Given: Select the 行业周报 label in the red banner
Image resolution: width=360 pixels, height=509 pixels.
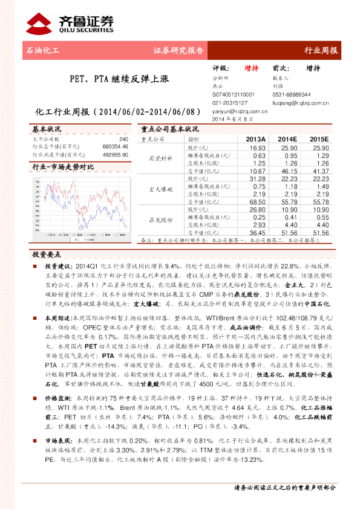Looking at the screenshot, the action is (x=320, y=51).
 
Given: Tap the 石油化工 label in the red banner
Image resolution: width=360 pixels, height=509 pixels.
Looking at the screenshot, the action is (x=44, y=51).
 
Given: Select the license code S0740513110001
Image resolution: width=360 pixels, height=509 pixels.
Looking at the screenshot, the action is (x=234, y=95).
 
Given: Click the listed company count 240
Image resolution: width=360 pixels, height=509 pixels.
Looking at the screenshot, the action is (x=124, y=139).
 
